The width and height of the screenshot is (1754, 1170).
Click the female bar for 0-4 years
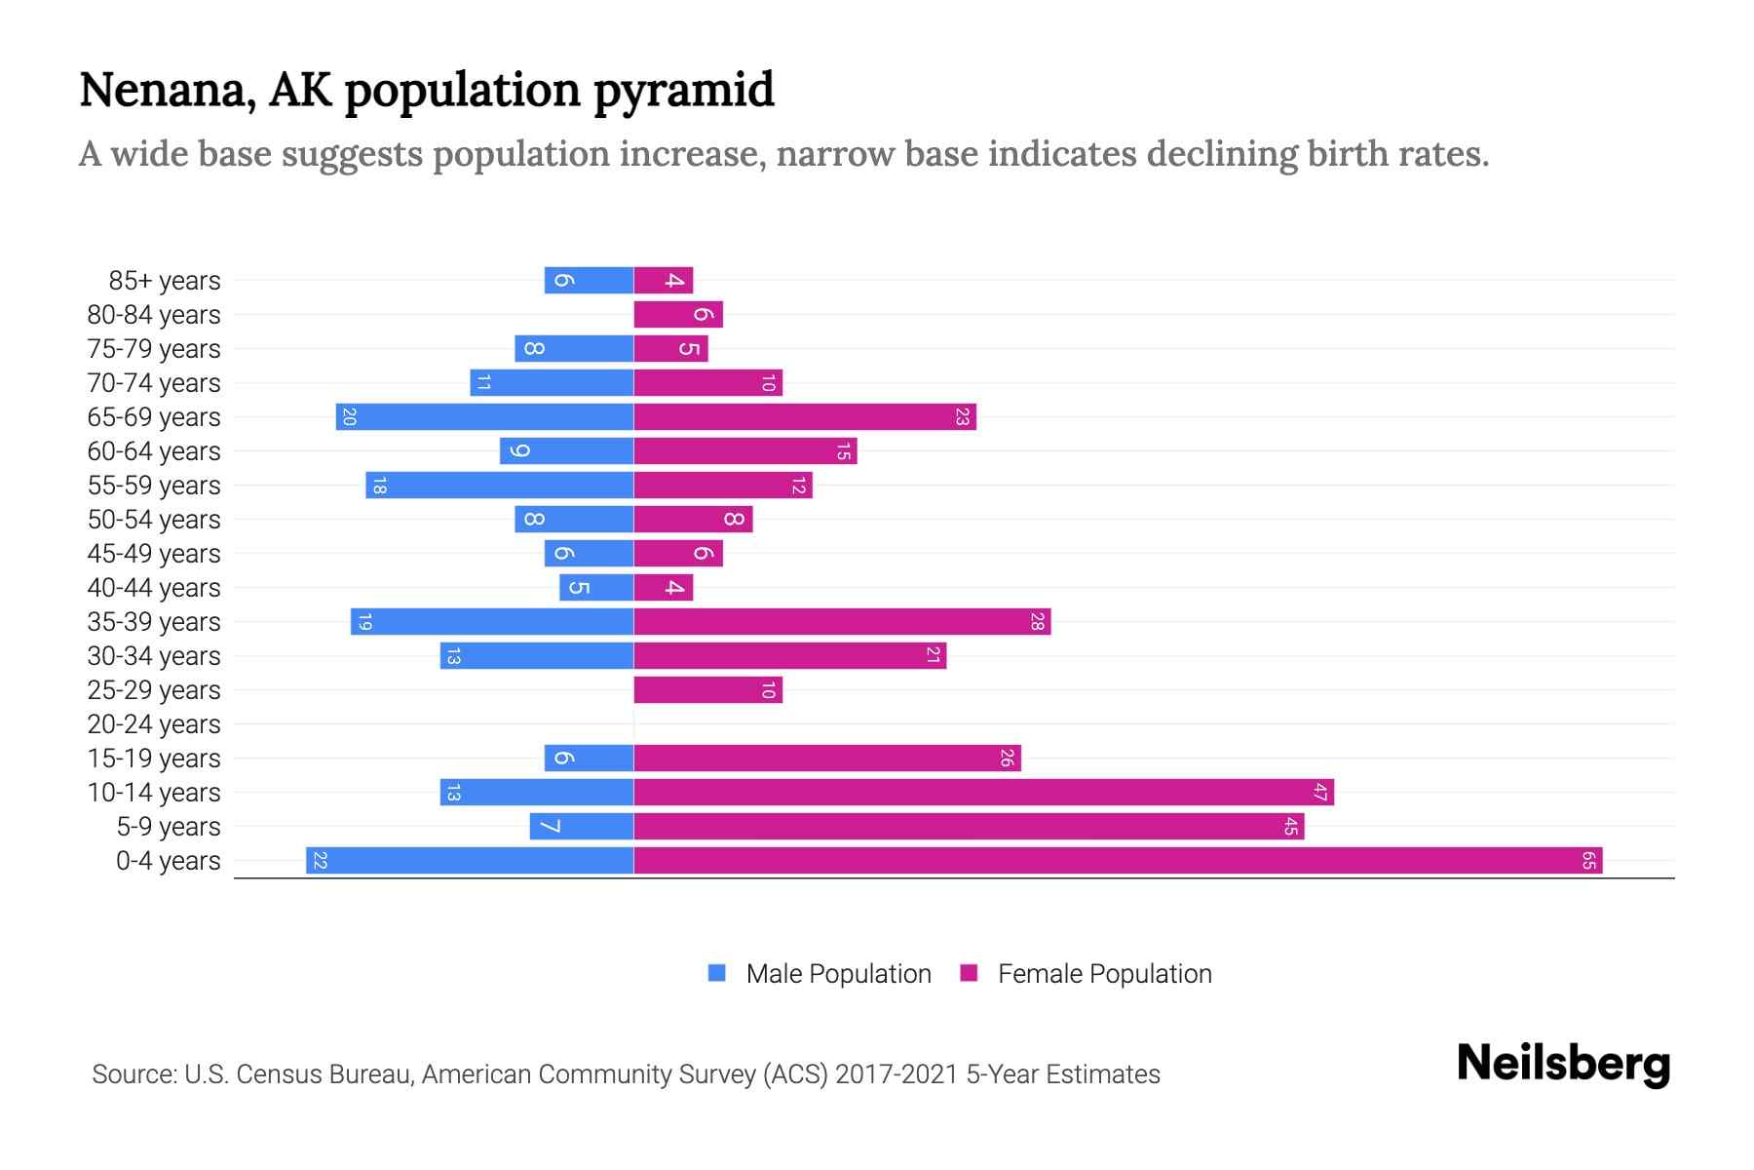pyautogui.click(x=1118, y=861)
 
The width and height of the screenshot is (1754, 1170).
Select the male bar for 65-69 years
pyautogui.click(x=484, y=417)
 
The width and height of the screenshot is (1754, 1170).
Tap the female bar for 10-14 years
pyautogui.click(x=983, y=793)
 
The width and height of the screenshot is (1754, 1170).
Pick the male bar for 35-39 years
pyautogui.click(x=492, y=622)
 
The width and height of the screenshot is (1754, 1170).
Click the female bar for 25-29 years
pyautogui.click(x=707, y=690)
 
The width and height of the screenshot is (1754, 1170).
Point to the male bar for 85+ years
pyautogui.click(x=589, y=281)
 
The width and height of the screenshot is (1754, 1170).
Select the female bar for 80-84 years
pyautogui.click(x=678, y=315)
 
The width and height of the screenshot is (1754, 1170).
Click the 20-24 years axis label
pyautogui.click(x=154, y=724)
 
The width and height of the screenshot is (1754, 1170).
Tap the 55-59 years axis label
pyautogui.click(x=154, y=486)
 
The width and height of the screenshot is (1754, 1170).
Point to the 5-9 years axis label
pyautogui.click(x=168, y=827)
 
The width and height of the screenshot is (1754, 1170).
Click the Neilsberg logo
pyautogui.click(x=1563, y=1064)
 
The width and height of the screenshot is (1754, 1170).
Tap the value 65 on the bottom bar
pyautogui.click(x=1588, y=861)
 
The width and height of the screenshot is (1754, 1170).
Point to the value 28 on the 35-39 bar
pyautogui.click(x=1037, y=622)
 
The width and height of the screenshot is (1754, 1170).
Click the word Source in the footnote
pyautogui.click(x=133, y=1074)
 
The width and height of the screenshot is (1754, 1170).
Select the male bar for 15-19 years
pyautogui.click(x=589, y=759)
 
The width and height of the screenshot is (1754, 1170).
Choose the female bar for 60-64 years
pyautogui.click(x=745, y=451)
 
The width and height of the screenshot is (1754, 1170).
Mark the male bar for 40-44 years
pyautogui.click(x=596, y=588)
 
